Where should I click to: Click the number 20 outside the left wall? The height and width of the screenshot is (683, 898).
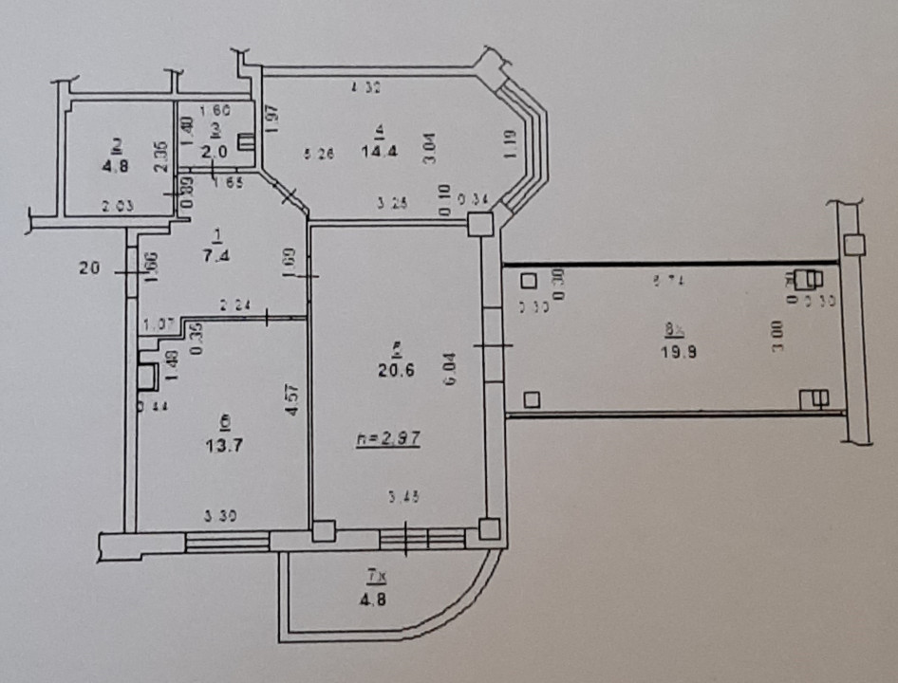(90, 269)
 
